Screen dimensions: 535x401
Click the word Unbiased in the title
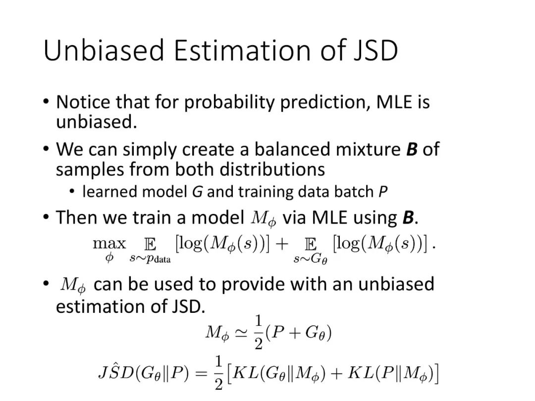tap(104, 50)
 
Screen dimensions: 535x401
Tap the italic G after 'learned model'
tap(198, 192)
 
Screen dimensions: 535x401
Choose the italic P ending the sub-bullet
tap(383, 192)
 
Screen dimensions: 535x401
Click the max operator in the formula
tap(109, 244)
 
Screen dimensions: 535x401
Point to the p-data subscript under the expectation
tap(150, 259)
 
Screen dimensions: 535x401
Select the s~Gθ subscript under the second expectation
tap(311, 259)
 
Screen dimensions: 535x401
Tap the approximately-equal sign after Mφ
tap(242, 333)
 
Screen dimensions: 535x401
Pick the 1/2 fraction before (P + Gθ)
tap(259, 333)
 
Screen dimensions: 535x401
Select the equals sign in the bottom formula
tap(201, 374)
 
